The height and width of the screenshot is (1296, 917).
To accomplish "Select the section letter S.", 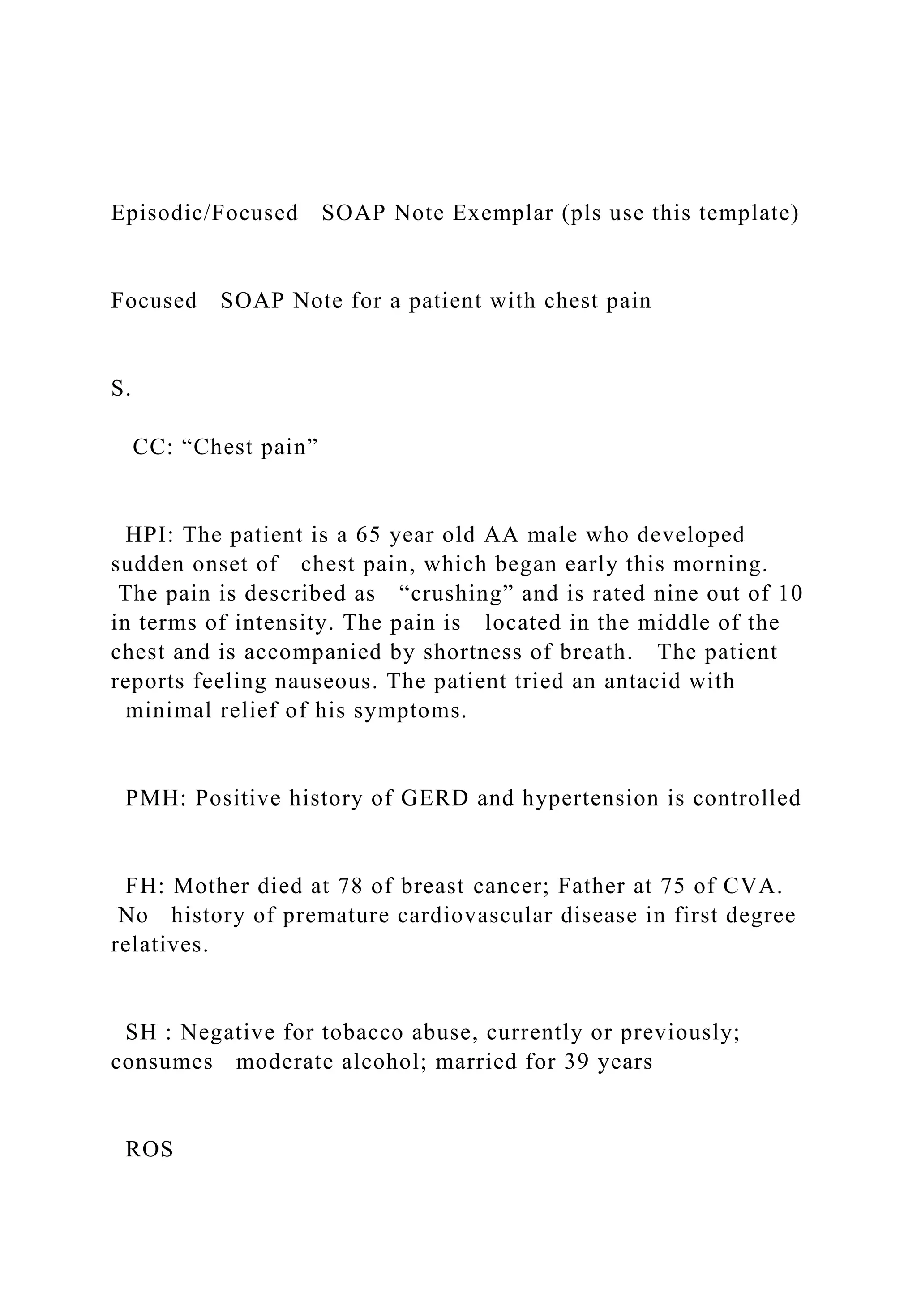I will pyautogui.click(x=120, y=388).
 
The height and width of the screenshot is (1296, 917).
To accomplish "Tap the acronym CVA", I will pyautogui.click(x=751, y=886).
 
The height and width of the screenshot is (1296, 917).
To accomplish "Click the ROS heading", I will pyautogui.click(x=149, y=1149).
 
